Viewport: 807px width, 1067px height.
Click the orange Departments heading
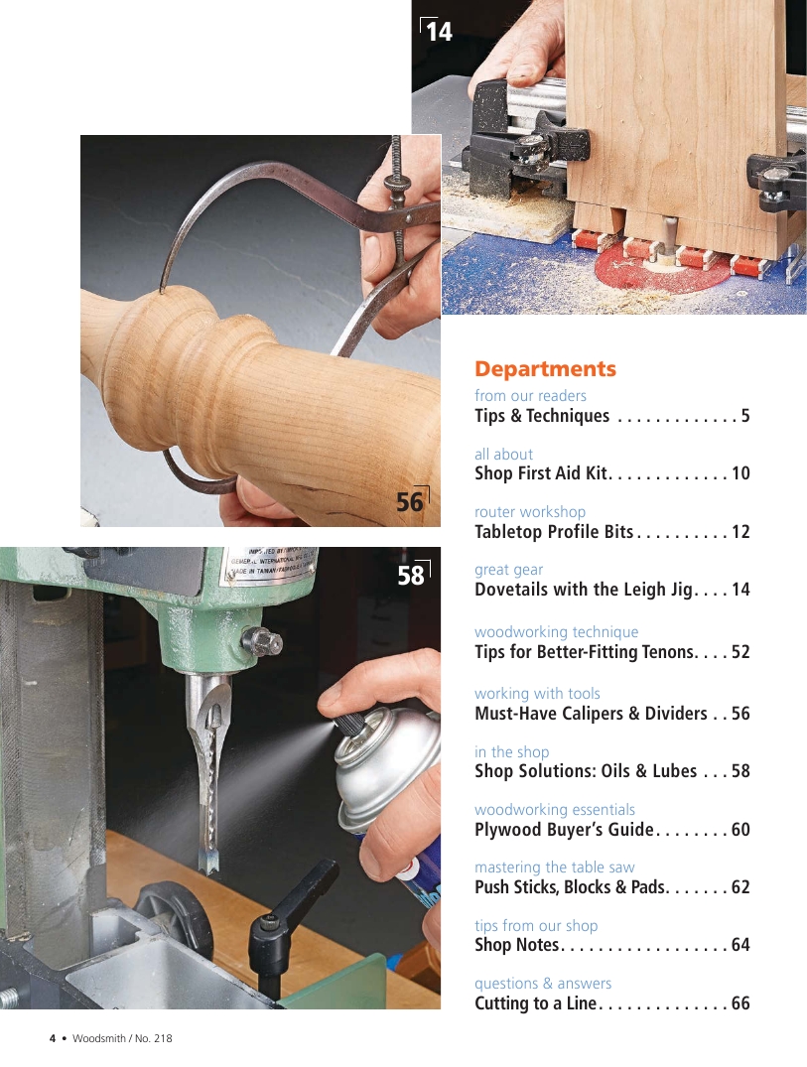tap(545, 369)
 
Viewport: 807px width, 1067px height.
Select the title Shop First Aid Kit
tap(541, 472)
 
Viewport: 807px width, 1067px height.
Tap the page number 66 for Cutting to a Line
tap(740, 1003)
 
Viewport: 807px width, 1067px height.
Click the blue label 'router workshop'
tap(530, 512)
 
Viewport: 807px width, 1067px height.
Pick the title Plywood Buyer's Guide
tap(564, 830)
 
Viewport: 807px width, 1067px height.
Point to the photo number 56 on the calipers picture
tap(410, 502)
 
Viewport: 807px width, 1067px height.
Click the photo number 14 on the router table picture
tap(439, 32)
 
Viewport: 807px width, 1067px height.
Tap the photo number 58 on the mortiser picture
tap(410, 575)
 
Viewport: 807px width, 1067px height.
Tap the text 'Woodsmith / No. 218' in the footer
tap(122, 1038)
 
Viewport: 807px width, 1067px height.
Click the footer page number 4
tap(53, 1038)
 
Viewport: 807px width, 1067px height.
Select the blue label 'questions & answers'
tap(543, 984)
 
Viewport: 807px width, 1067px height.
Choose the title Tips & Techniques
tap(542, 415)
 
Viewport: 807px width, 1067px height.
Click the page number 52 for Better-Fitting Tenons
tap(740, 652)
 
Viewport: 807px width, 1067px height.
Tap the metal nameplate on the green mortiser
tap(270, 564)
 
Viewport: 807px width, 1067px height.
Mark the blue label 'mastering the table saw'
tap(555, 867)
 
